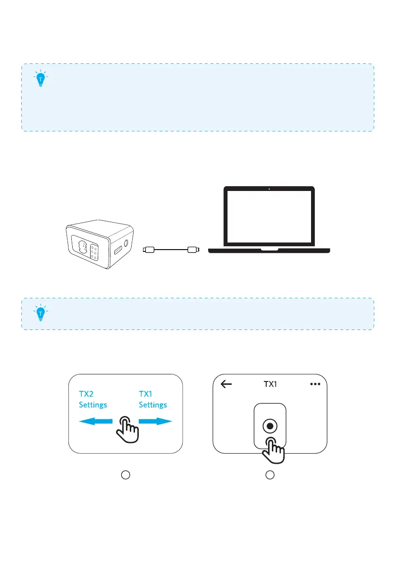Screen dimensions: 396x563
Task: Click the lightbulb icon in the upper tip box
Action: (42, 79)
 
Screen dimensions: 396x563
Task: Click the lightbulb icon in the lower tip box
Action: (42, 312)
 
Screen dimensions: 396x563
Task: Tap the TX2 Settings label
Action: (93, 399)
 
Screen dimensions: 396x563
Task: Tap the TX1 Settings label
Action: (153, 399)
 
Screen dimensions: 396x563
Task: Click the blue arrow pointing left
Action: (94, 422)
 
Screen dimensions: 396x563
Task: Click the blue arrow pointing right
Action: (155, 422)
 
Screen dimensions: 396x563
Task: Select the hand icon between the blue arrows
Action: (127, 428)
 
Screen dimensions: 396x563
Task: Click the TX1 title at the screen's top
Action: (270, 384)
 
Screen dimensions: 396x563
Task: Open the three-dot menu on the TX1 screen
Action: (315, 384)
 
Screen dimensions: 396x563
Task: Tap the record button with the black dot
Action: (270, 426)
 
